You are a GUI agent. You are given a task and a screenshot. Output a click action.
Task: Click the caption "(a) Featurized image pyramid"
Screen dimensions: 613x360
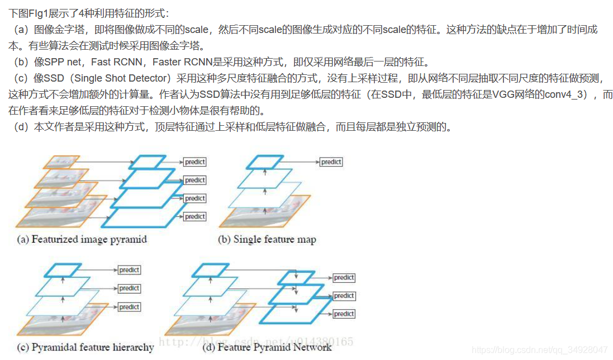[x=82, y=240]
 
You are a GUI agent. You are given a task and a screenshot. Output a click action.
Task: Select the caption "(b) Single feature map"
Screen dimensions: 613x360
[x=267, y=240]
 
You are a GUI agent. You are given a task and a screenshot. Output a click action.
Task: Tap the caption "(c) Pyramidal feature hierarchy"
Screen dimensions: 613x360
[x=85, y=347]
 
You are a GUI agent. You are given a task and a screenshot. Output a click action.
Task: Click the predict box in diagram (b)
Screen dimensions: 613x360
[x=331, y=162]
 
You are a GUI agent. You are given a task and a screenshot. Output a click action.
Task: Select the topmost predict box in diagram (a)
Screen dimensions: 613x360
[x=195, y=162]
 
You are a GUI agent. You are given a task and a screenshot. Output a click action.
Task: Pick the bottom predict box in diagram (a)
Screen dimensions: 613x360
[x=195, y=216]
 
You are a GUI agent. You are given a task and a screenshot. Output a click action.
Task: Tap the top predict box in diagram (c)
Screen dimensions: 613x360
[x=129, y=270]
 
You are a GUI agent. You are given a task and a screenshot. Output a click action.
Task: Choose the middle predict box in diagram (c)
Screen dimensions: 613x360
[x=129, y=288]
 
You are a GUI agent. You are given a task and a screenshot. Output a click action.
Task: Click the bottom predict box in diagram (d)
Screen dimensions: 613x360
[x=344, y=314]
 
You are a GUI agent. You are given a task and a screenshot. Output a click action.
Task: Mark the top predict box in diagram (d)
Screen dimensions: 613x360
[x=344, y=278]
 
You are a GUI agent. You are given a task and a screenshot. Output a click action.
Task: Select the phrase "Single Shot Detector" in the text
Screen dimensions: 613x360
[x=121, y=78]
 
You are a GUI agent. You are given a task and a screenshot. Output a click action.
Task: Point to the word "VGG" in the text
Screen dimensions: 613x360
[x=503, y=94]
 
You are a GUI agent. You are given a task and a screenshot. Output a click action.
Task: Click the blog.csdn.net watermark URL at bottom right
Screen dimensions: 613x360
[x=550, y=350]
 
